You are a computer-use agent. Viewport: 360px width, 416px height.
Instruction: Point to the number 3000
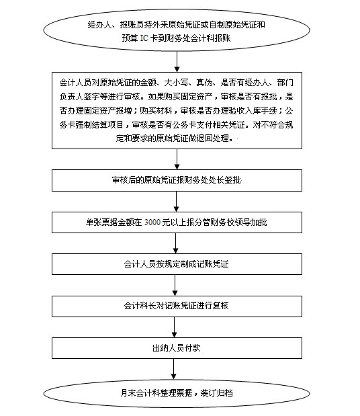tap(152, 222)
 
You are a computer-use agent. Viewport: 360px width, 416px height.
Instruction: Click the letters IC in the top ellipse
tap(144, 38)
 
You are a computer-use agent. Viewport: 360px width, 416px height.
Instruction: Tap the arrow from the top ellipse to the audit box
tap(177, 62)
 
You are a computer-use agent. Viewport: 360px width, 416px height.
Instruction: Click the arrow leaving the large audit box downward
tap(177, 159)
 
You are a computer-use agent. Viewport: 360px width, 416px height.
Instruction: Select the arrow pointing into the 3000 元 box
tap(176, 202)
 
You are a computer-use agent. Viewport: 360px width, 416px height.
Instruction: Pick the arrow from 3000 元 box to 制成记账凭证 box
tap(175, 243)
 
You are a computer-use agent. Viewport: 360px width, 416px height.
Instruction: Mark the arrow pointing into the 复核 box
tap(175, 285)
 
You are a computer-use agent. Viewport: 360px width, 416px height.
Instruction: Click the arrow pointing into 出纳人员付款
tap(175, 327)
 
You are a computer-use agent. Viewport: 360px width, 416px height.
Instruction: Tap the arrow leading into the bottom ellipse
tap(174, 369)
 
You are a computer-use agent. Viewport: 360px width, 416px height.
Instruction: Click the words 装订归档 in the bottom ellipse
tap(216, 393)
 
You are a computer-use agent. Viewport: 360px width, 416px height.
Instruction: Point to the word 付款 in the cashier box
tap(193, 348)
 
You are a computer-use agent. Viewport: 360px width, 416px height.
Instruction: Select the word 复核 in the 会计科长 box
tap(220, 306)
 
